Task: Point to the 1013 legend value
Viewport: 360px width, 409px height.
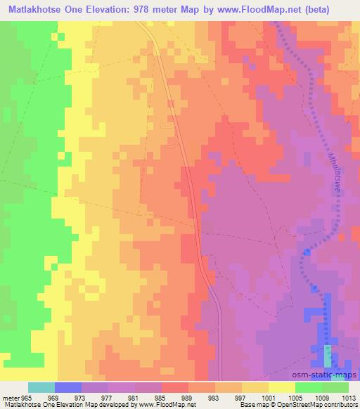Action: pyautogui.click(x=347, y=396)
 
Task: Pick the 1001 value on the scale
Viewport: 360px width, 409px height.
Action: pyautogui.click(x=267, y=396)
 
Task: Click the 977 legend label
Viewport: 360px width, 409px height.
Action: pyautogui.click(x=108, y=396)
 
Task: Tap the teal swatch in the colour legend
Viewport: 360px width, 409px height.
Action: pyautogui.click(x=41, y=387)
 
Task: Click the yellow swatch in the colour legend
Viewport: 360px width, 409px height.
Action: pyautogui.click(x=281, y=387)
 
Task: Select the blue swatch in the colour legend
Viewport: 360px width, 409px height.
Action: pyautogui.click(x=68, y=387)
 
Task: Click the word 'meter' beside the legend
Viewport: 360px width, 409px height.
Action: pyautogui.click(x=9, y=396)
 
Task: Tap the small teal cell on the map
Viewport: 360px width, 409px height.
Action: pyautogui.click(x=328, y=356)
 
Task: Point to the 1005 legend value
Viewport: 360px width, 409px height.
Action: pyautogui.click(x=294, y=396)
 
